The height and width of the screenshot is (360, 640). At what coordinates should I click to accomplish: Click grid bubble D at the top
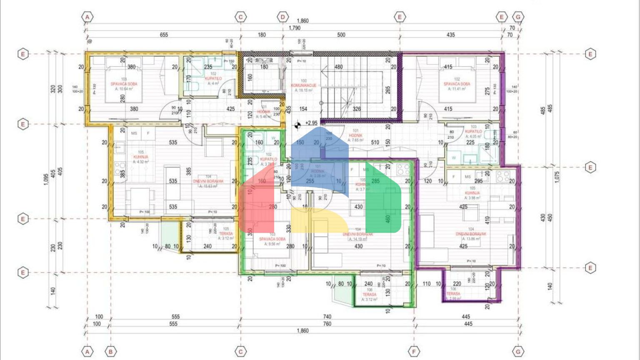(x=283, y=17)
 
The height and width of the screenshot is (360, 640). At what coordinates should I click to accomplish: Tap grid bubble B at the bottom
(x=110, y=352)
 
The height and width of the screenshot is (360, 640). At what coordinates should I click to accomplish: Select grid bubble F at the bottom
(x=414, y=352)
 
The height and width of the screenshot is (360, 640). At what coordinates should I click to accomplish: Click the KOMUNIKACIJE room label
(x=303, y=85)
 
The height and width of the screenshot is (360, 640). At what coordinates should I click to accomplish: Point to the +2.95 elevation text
(x=311, y=123)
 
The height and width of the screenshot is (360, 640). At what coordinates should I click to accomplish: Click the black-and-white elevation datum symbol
(x=297, y=124)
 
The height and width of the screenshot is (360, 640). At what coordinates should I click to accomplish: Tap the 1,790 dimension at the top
(x=294, y=28)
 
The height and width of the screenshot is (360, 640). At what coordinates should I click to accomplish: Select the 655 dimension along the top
(x=164, y=35)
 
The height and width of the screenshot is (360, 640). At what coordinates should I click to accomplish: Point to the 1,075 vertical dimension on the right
(x=557, y=176)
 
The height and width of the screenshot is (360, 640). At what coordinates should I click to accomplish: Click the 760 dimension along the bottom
(x=327, y=324)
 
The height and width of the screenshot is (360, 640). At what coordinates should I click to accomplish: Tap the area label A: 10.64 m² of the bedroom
(x=124, y=89)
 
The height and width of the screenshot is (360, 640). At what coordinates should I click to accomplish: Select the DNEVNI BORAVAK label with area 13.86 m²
(x=471, y=234)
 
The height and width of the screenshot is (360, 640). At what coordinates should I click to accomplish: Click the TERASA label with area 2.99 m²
(x=453, y=294)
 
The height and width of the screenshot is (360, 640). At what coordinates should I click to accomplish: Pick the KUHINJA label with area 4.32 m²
(x=141, y=157)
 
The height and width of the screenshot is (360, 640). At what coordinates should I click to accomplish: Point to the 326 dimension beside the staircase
(x=357, y=109)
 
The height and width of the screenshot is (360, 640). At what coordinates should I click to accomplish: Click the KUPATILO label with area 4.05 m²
(x=473, y=131)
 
